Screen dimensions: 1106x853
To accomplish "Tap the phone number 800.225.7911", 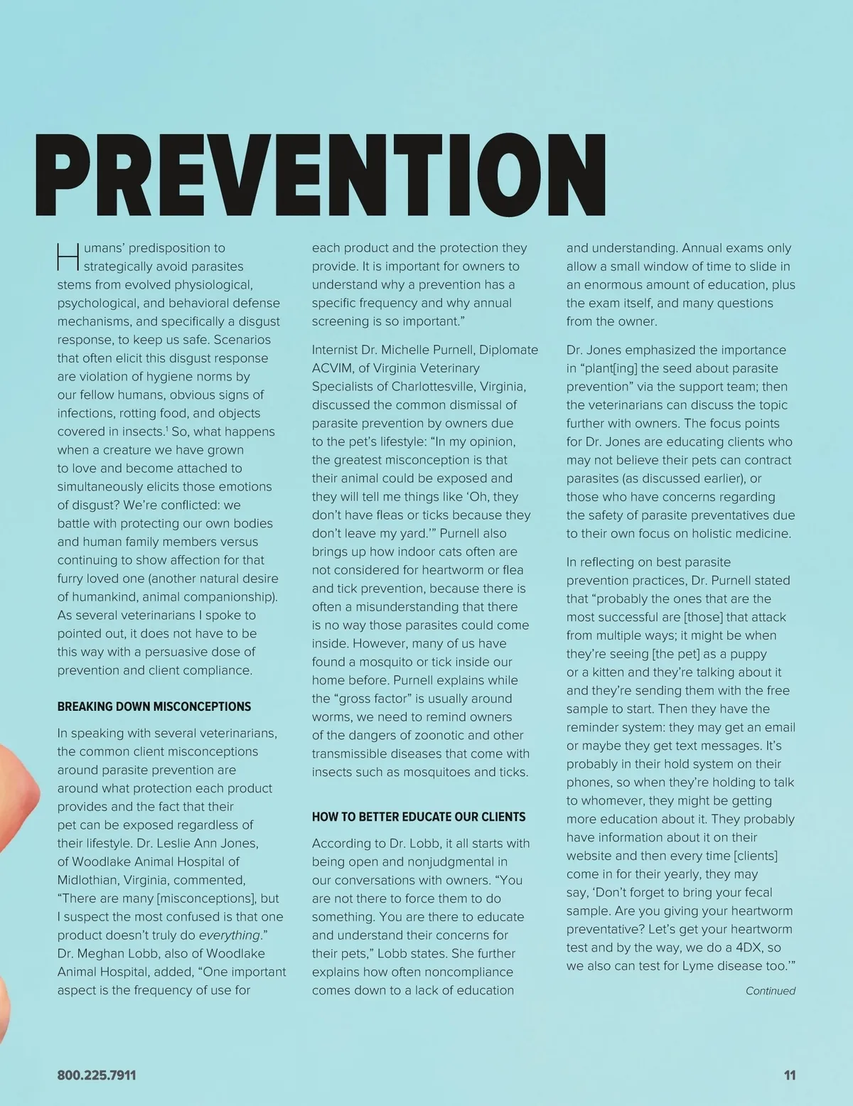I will [96, 1075].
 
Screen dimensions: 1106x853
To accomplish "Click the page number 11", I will [789, 1075].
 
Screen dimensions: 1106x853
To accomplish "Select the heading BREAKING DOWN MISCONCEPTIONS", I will [154, 707].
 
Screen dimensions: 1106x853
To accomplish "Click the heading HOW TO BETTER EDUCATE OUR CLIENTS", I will [419, 817].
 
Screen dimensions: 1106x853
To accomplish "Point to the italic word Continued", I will [770, 991].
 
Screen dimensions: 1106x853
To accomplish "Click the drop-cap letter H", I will [68, 258].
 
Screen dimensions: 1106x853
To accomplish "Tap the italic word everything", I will [229, 935].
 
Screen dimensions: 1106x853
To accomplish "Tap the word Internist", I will [338, 350].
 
